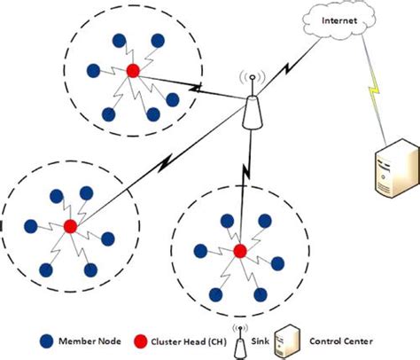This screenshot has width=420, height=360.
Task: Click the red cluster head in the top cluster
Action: coord(132,71)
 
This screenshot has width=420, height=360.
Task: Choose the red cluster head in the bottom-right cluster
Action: coord(238,252)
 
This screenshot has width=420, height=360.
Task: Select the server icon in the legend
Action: coord(286,340)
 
